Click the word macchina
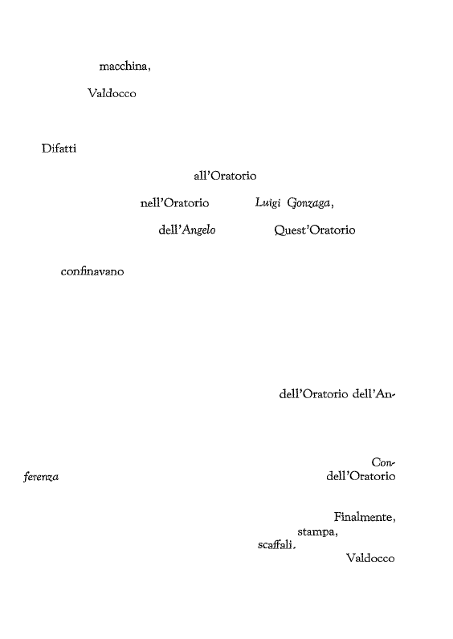pyautogui.click(x=124, y=66)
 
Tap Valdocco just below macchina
pyautogui.click(x=112, y=93)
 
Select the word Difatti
pyautogui.click(x=59, y=149)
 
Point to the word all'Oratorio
pyautogui.click(x=225, y=176)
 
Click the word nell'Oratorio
pyautogui.click(x=174, y=203)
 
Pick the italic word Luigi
pyautogui.click(x=268, y=203)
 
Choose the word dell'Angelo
pyautogui.click(x=187, y=230)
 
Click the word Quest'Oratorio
pyautogui.click(x=315, y=230)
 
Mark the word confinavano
pyautogui.click(x=92, y=271)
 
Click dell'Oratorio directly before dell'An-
pyautogui.click(x=313, y=394)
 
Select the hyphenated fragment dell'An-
pyautogui.click(x=373, y=394)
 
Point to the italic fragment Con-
pyautogui.click(x=383, y=462)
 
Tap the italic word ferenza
pyautogui.click(x=41, y=477)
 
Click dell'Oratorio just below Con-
pyautogui.click(x=361, y=476)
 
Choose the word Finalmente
pyautogui.click(x=364, y=517)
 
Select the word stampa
pyautogui.click(x=316, y=532)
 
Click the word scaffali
pyautogui.click(x=275, y=545)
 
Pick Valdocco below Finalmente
pyautogui.click(x=370, y=558)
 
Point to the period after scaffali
pyautogui.click(x=294, y=548)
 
